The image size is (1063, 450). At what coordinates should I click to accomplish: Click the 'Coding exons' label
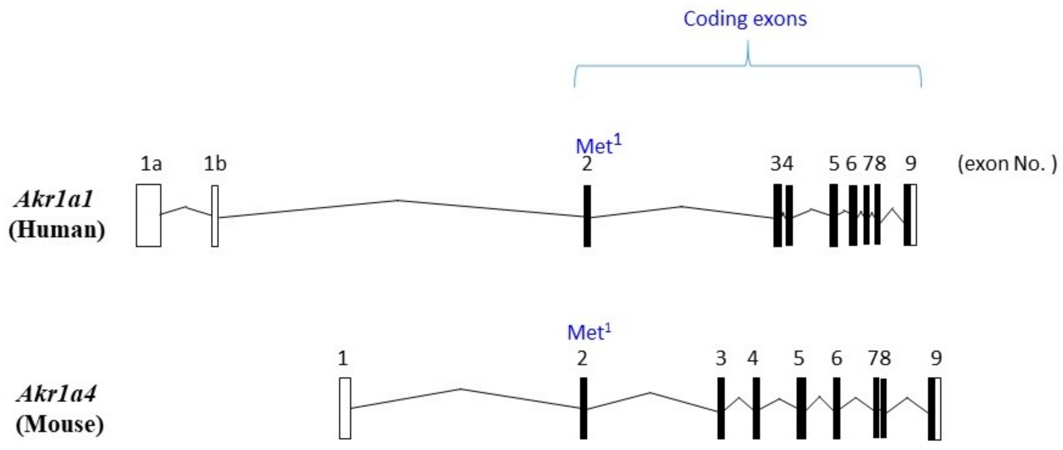coord(744,19)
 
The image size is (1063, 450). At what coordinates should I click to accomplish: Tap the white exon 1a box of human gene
coord(149,215)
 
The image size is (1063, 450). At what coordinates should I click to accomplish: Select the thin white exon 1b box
coord(215,216)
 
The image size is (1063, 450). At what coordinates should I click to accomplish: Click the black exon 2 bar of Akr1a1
coord(587,216)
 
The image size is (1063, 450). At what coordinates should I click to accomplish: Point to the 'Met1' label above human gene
coord(598,145)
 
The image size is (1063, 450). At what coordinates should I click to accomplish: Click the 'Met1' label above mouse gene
coord(589,332)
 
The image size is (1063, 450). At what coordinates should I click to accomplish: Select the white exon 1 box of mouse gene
coord(345,408)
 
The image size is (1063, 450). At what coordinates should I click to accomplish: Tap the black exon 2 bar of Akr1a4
coord(583,408)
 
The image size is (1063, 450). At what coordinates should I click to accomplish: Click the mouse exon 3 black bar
coord(721,408)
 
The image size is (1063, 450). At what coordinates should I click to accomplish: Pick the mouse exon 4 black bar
coord(756,408)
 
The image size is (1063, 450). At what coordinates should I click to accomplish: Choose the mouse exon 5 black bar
coord(801,408)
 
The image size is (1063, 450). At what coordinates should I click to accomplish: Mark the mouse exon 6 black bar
coord(836,408)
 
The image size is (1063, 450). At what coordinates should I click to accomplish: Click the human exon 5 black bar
coord(834,215)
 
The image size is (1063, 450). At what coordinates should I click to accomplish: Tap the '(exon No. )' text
coord(1007,164)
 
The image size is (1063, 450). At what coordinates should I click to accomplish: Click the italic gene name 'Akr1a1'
coord(54,199)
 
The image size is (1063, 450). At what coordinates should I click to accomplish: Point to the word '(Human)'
coord(57,229)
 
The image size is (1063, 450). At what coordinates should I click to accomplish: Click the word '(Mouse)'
coord(59,424)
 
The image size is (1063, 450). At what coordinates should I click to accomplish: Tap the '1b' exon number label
coord(215,164)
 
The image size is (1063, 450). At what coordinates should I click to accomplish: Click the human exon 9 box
coord(910,215)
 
